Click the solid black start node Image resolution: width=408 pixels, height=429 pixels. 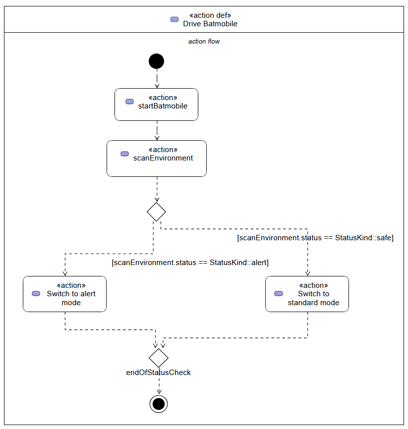(x=156, y=61)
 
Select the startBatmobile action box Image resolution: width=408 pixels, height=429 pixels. (x=156, y=105)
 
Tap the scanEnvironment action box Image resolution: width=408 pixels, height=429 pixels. (x=157, y=159)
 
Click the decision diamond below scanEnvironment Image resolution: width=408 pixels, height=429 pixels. (x=156, y=212)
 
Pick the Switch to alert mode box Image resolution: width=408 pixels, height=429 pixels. (x=64, y=294)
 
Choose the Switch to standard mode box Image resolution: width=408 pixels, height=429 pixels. (x=307, y=294)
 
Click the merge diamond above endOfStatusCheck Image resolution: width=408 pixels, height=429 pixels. (x=159, y=358)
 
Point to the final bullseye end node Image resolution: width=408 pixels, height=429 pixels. (x=159, y=404)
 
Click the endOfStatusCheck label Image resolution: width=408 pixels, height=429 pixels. (x=158, y=373)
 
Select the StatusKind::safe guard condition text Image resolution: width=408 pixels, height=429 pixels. (x=315, y=238)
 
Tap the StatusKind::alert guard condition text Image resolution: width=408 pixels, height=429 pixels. (x=190, y=263)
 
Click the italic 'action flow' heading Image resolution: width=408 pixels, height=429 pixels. (x=204, y=41)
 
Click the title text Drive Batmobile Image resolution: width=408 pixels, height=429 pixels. (x=210, y=24)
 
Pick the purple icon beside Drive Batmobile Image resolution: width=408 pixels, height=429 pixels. (x=175, y=19)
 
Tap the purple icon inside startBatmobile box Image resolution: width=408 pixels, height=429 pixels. (x=129, y=102)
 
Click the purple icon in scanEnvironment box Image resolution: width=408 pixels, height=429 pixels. (x=124, y=154)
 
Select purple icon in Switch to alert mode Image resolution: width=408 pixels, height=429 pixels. (x=36, y=294)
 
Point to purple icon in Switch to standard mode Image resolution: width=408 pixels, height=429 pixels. (x=279, y=294)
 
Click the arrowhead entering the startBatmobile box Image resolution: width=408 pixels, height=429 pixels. (x=157, y=86)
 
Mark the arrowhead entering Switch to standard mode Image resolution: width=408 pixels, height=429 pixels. (x=307, y=273)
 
